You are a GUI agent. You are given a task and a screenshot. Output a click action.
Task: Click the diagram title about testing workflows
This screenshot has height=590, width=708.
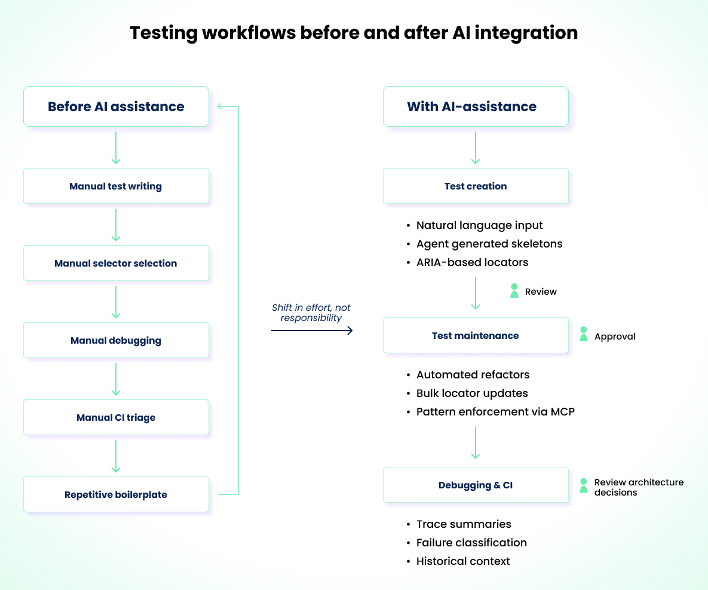tap(354, 32)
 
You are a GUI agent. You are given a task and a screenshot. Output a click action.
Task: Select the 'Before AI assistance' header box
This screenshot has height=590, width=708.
tap(116, 106)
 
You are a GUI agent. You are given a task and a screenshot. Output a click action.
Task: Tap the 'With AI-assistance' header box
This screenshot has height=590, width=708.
tap(475, 106)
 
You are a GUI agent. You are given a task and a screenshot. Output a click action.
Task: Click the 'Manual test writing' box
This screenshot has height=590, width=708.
tap(116, 186)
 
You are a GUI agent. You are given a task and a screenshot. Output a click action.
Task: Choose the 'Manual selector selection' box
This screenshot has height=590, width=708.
tap(116, 263)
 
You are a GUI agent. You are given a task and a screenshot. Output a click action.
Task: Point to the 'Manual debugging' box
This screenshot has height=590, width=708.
tap(116, 340)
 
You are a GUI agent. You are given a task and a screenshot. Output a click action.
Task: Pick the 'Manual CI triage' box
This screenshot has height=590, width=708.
tap(116, 417)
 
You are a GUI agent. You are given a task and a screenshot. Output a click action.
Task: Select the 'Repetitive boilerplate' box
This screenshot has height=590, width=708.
tap(116, 494)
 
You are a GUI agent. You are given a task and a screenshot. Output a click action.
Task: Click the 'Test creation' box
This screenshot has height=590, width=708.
tap(475, 186)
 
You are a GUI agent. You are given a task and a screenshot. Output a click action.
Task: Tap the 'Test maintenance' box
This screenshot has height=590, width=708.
tap(475, 335)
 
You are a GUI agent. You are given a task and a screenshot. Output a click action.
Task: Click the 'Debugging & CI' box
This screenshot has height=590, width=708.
tap(475, 485)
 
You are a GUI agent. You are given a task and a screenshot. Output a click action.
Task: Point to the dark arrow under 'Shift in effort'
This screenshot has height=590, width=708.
tap(312, 330)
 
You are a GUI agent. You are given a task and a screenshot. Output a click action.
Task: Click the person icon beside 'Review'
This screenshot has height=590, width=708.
tap(514, 291)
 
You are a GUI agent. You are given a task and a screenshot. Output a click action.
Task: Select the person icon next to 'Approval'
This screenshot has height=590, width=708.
tap(583, 334)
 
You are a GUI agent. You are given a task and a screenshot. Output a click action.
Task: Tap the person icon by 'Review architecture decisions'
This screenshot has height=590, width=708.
tap(583, 485)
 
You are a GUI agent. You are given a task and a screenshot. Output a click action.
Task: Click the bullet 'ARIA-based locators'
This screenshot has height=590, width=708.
tap(472, 262)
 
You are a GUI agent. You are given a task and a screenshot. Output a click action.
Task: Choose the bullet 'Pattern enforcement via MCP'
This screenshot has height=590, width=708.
tap(495, 411)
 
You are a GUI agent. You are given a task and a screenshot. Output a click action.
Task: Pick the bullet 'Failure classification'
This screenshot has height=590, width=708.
tap(471, 542)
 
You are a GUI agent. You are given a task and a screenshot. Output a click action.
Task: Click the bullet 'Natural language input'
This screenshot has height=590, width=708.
tap(479, 225)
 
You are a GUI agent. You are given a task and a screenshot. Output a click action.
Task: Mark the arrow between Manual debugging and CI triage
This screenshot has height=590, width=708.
tap(116, 379)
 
